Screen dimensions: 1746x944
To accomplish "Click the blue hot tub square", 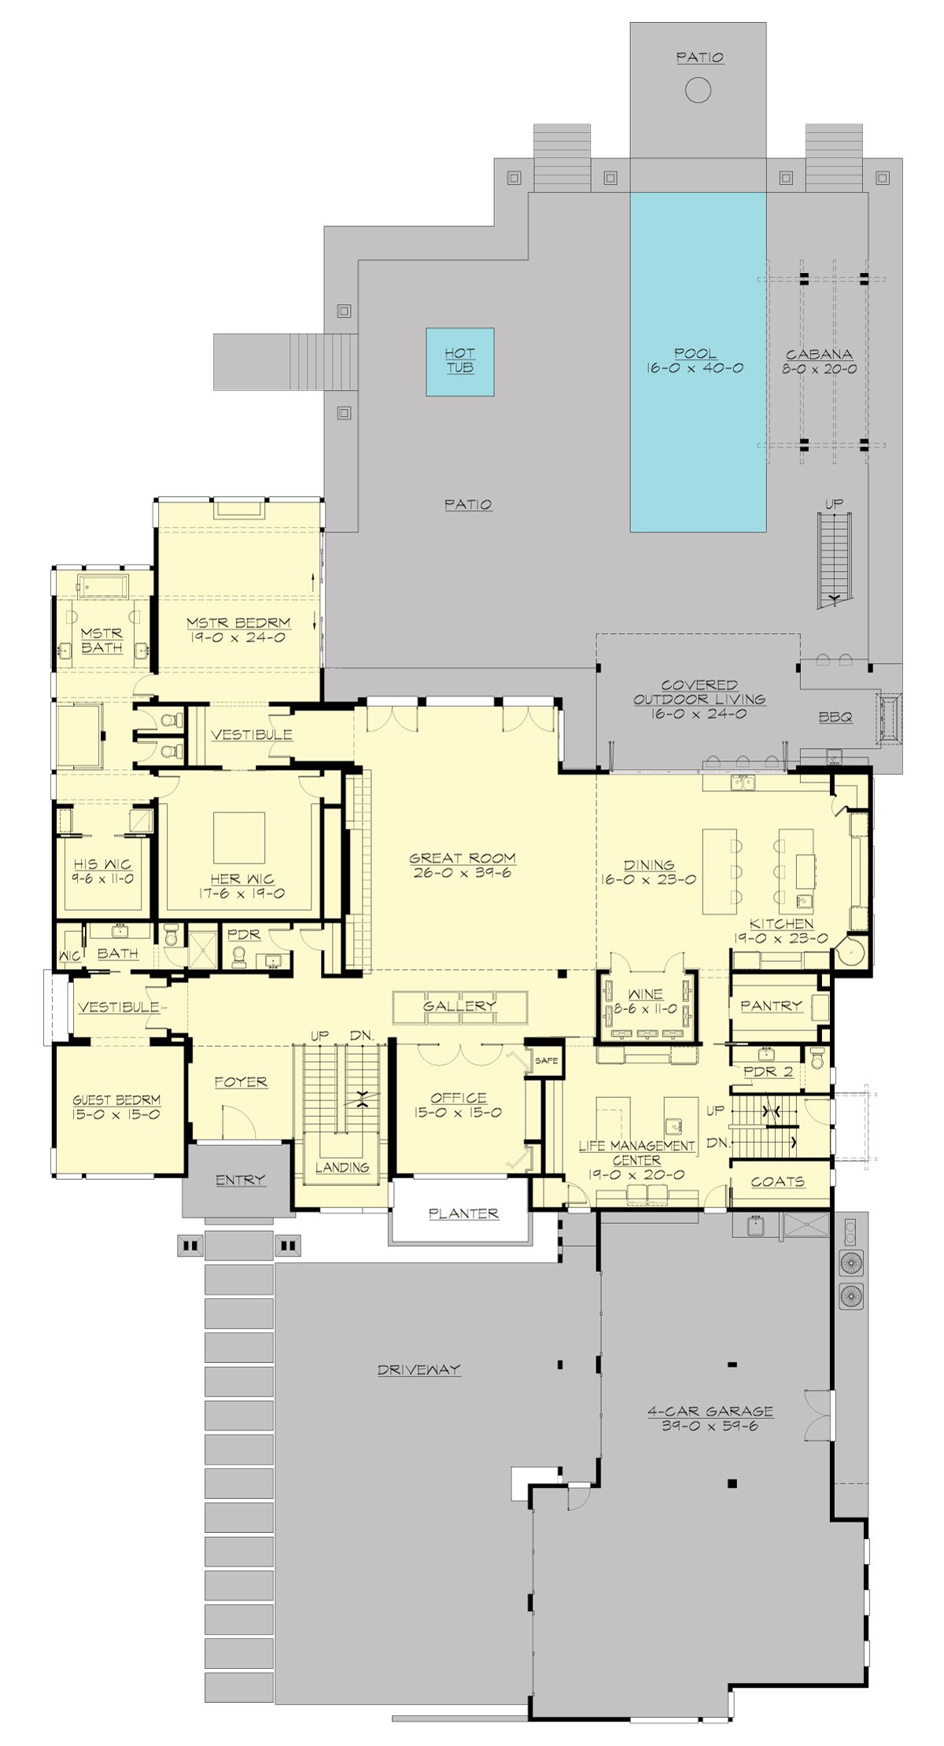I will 460,361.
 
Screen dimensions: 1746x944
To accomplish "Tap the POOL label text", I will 695,354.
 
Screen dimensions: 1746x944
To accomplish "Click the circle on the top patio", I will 698,90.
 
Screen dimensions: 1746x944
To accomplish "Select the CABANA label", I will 820,355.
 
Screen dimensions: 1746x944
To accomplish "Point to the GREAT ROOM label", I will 463,858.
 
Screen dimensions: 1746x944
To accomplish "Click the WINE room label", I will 645,994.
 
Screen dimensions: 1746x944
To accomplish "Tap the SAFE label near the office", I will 546,1060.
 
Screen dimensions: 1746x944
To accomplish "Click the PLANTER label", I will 463,1214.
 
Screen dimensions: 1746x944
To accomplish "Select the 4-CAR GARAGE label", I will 710,1411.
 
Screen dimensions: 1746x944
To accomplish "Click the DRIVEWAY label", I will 419,1369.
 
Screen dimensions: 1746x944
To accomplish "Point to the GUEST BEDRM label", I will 116,1100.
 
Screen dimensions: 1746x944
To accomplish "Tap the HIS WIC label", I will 102,864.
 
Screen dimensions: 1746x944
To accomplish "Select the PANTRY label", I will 770,1006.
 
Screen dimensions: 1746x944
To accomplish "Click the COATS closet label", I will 777,1181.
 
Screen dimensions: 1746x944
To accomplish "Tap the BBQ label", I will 835,717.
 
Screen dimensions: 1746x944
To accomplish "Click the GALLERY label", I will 459,1006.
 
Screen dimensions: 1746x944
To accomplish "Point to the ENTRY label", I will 240,1180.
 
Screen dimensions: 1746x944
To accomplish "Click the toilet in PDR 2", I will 817,1059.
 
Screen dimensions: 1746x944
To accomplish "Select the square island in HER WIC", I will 239,838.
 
